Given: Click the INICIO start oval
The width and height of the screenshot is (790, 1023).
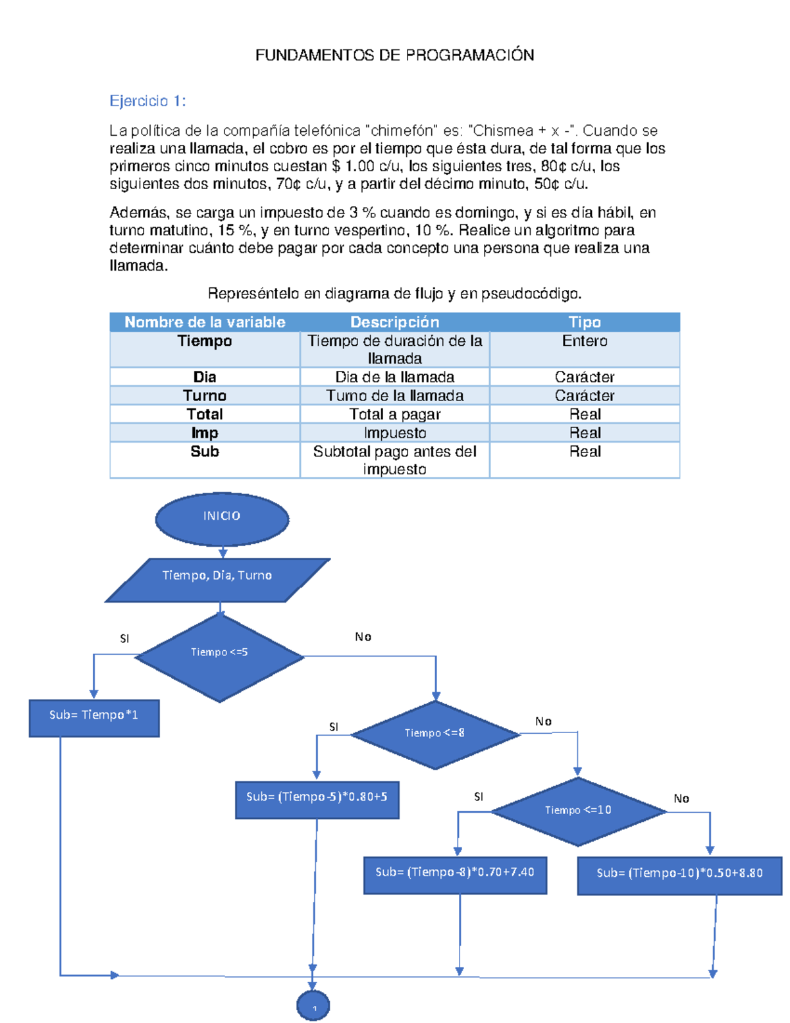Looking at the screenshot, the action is (x=222, y=519).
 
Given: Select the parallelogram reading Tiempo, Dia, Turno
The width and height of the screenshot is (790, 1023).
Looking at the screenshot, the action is (x=217, y=580).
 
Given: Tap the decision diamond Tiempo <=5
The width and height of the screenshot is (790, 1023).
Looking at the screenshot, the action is (x=219, y=657).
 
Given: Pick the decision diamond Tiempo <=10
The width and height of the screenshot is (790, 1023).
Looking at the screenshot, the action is (x=578, y=811).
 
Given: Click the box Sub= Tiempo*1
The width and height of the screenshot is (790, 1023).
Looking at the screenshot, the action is (x=94, y=718).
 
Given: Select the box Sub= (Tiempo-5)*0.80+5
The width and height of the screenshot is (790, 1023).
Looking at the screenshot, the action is (x=317, y=800).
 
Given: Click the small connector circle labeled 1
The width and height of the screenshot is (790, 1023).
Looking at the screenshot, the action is (x=313, y=1006).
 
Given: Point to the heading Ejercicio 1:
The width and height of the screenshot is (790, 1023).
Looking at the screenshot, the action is (x=147, y=101).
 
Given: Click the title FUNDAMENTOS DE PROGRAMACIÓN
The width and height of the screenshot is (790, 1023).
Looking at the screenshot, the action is (x=395, y=55).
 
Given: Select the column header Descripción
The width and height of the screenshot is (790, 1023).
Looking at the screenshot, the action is (x=395, y=322).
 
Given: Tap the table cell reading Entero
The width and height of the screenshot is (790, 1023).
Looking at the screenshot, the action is (x=585, y=341).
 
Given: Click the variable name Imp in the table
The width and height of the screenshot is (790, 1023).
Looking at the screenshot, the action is (x=205, y=433).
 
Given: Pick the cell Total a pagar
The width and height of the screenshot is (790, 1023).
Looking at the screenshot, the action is (x=395, y=414).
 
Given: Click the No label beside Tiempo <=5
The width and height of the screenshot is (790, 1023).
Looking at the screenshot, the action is (x=363, y=637).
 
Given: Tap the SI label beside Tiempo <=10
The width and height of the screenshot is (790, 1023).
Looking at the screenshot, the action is (x=479, y=796).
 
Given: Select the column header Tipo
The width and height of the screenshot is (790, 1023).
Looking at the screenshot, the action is (x=585, y=322).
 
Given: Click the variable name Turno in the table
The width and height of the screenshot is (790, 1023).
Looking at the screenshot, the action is (x=205, y=395).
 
